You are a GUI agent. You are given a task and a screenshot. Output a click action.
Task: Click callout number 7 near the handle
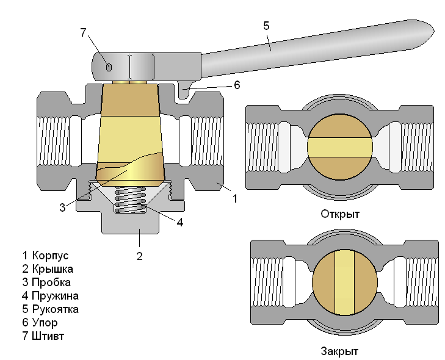(84, 33)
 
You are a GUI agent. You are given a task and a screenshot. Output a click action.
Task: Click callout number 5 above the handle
(266, 26)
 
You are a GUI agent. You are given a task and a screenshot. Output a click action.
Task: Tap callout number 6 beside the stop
(237, 85)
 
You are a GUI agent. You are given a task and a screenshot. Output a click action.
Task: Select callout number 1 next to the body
(234, 198)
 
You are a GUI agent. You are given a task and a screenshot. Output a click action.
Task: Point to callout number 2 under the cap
(139, 256)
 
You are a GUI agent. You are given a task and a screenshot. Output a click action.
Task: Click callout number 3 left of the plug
(62, 207)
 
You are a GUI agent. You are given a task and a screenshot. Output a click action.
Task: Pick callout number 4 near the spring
(179, 222)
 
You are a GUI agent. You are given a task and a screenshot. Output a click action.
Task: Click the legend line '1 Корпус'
(45, 255)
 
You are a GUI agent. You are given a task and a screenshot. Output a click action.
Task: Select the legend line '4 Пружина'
(50, 296)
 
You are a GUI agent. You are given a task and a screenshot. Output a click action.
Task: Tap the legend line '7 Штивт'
(43, 336)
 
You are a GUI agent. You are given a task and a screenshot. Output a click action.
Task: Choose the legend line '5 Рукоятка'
(50, 309)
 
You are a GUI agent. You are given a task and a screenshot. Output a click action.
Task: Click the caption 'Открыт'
(340, 214)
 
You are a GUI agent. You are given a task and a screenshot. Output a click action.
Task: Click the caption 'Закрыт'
(339, 351)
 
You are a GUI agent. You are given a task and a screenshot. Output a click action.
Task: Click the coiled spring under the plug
(131, 200)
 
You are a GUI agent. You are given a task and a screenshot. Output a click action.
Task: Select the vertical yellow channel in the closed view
(345, 282)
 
